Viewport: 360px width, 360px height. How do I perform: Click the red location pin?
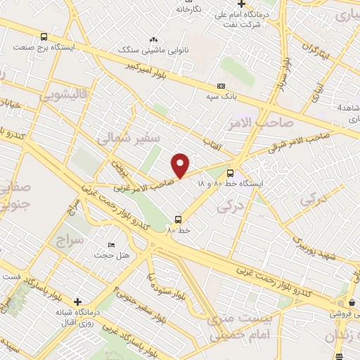(181, 165)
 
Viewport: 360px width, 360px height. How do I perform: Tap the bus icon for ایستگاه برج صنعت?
(45, 37)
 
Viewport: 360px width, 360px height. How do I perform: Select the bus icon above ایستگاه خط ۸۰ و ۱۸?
(231, 172)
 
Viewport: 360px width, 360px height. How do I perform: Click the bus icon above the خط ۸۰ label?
(178, 219)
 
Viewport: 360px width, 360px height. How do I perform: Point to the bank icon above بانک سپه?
(221, 86)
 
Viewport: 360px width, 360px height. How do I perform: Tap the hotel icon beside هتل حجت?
(112, 245)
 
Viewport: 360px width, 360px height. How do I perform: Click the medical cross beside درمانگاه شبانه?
(77, 302)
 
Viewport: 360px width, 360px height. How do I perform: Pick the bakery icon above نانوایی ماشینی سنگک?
(154, 40)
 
